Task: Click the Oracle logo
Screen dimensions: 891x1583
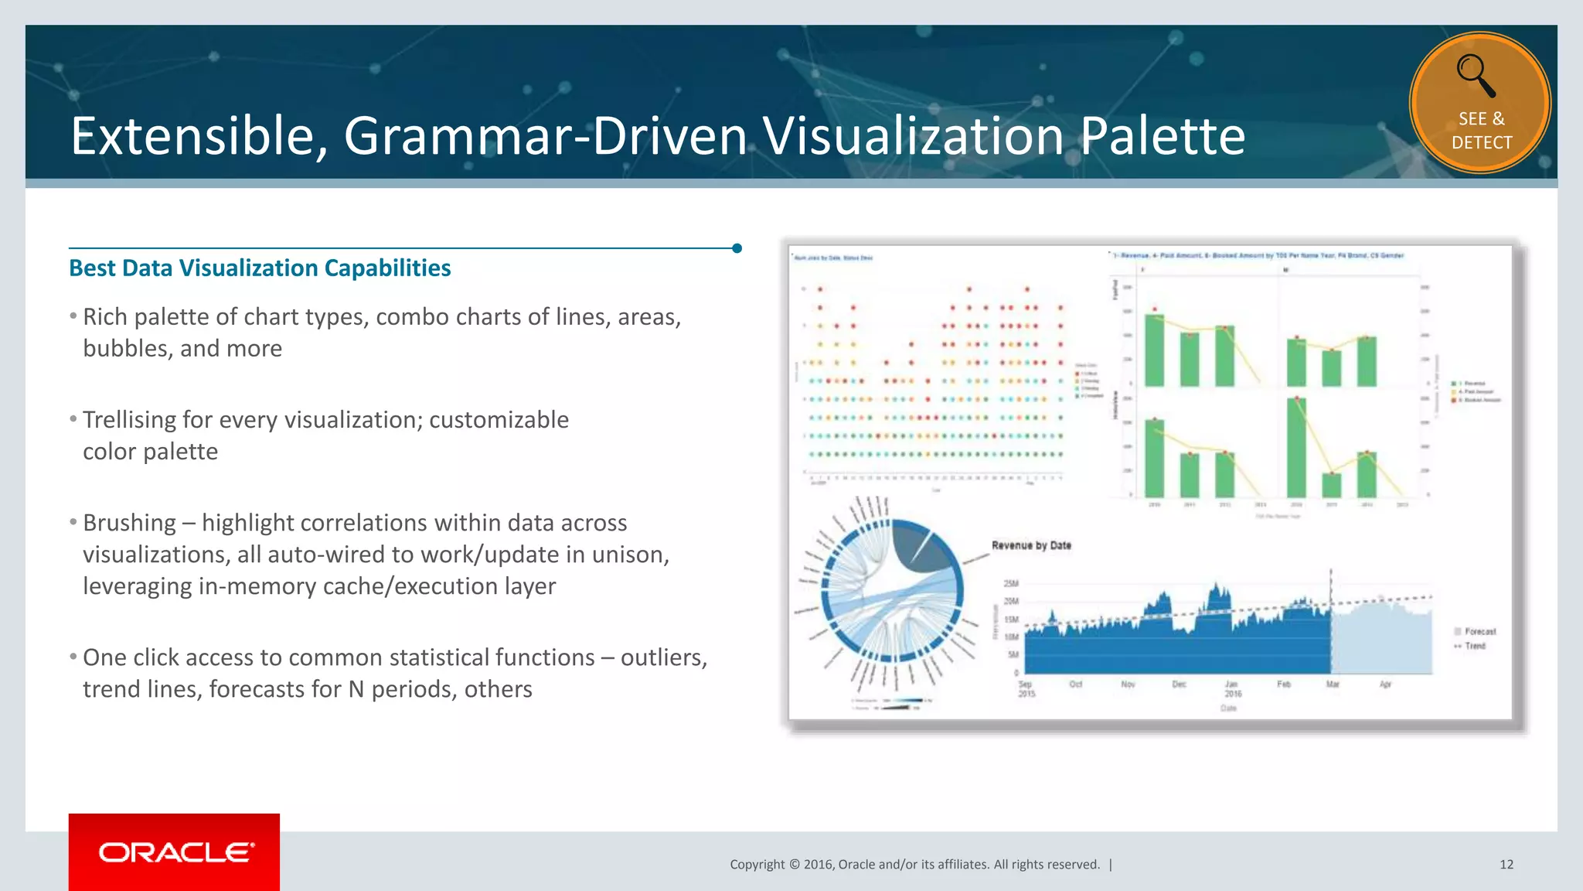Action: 175,852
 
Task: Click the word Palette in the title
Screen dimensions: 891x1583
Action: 1162,136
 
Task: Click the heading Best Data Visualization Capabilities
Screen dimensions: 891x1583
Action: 260,268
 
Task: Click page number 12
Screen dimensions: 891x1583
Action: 1506,864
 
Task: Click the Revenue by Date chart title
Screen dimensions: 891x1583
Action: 1031,545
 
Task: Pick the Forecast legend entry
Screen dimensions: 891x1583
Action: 1479,632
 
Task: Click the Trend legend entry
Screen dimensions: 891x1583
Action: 1475,646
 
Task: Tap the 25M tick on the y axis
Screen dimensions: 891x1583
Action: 1011,583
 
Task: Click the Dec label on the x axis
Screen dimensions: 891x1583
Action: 1179,684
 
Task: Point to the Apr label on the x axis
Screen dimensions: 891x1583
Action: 1385,684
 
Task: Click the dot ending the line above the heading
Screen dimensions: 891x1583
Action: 737,248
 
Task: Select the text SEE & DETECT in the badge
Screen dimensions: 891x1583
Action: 1481,131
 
